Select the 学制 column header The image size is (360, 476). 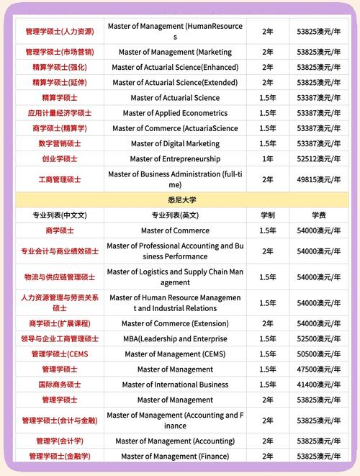coord(267,215)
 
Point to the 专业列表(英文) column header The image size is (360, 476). coord(175,215)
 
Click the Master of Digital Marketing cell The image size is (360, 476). coord(175,143)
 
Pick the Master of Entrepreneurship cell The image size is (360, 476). coord(175,158)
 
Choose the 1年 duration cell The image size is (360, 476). coord(267,158)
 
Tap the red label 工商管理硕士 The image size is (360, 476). coord(60,179)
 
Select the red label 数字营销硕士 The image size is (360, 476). coord(60,143)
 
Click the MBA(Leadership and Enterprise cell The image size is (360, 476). coord(175,338)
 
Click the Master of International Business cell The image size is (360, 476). coord(175,385)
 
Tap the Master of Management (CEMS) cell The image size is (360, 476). coord(175,354)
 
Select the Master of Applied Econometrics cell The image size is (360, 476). coord(175,113)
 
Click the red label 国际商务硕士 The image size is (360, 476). coord(60,385)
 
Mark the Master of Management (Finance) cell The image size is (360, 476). coord(175,456)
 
